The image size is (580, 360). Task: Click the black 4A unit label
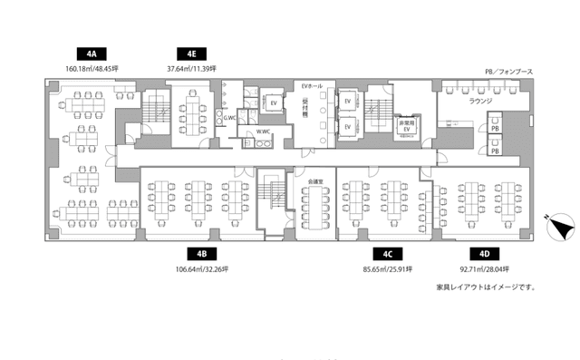93,52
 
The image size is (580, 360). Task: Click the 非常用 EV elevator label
407,126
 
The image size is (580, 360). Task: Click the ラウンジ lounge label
480,102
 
